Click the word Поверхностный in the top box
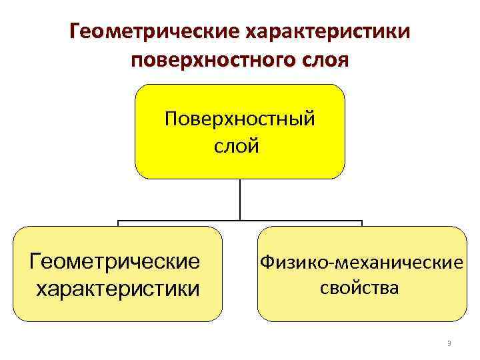[240, 120]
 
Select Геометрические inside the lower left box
[115, 261]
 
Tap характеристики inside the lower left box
[117, 289]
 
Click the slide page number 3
[449, 343]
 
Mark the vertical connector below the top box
[240, 200]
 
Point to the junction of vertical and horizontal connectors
[240, 221]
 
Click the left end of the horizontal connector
[119, 221]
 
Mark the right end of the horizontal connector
[361, 221]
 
